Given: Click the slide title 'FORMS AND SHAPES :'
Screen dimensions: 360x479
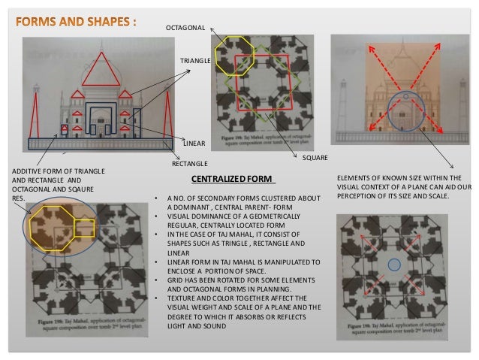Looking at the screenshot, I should click(76, 20).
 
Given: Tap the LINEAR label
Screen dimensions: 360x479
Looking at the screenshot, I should click(194, 141).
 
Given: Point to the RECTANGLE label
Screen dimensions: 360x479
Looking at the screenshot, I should click(190, 162).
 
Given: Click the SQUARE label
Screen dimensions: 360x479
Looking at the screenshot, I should click(314, 159).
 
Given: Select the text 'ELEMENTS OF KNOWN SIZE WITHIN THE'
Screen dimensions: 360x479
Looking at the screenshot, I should click(401, 180).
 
